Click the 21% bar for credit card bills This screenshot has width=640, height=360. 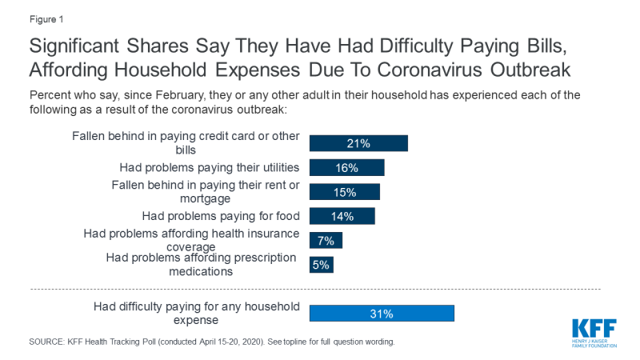(x=358, y=143)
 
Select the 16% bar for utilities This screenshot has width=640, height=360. (x=346, y=167)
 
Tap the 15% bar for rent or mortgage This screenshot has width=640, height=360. (x=344, y=192)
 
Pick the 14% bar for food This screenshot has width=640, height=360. (x=342, y=216)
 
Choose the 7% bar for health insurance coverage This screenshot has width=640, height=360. (x=326, y=240)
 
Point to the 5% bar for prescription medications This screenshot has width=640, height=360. (x=321, y=265)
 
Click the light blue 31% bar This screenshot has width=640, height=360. (x=382, y=314)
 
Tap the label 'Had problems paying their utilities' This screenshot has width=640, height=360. (x=210, y=167)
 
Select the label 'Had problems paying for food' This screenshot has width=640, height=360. (x=221, y=216)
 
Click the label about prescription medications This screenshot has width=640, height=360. (x=201, y=264)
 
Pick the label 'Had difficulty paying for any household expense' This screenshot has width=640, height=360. (x=197, y=313)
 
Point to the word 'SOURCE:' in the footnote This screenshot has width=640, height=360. (x=49, y=342)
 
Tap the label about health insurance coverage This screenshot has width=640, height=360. (x=192, y=240)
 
